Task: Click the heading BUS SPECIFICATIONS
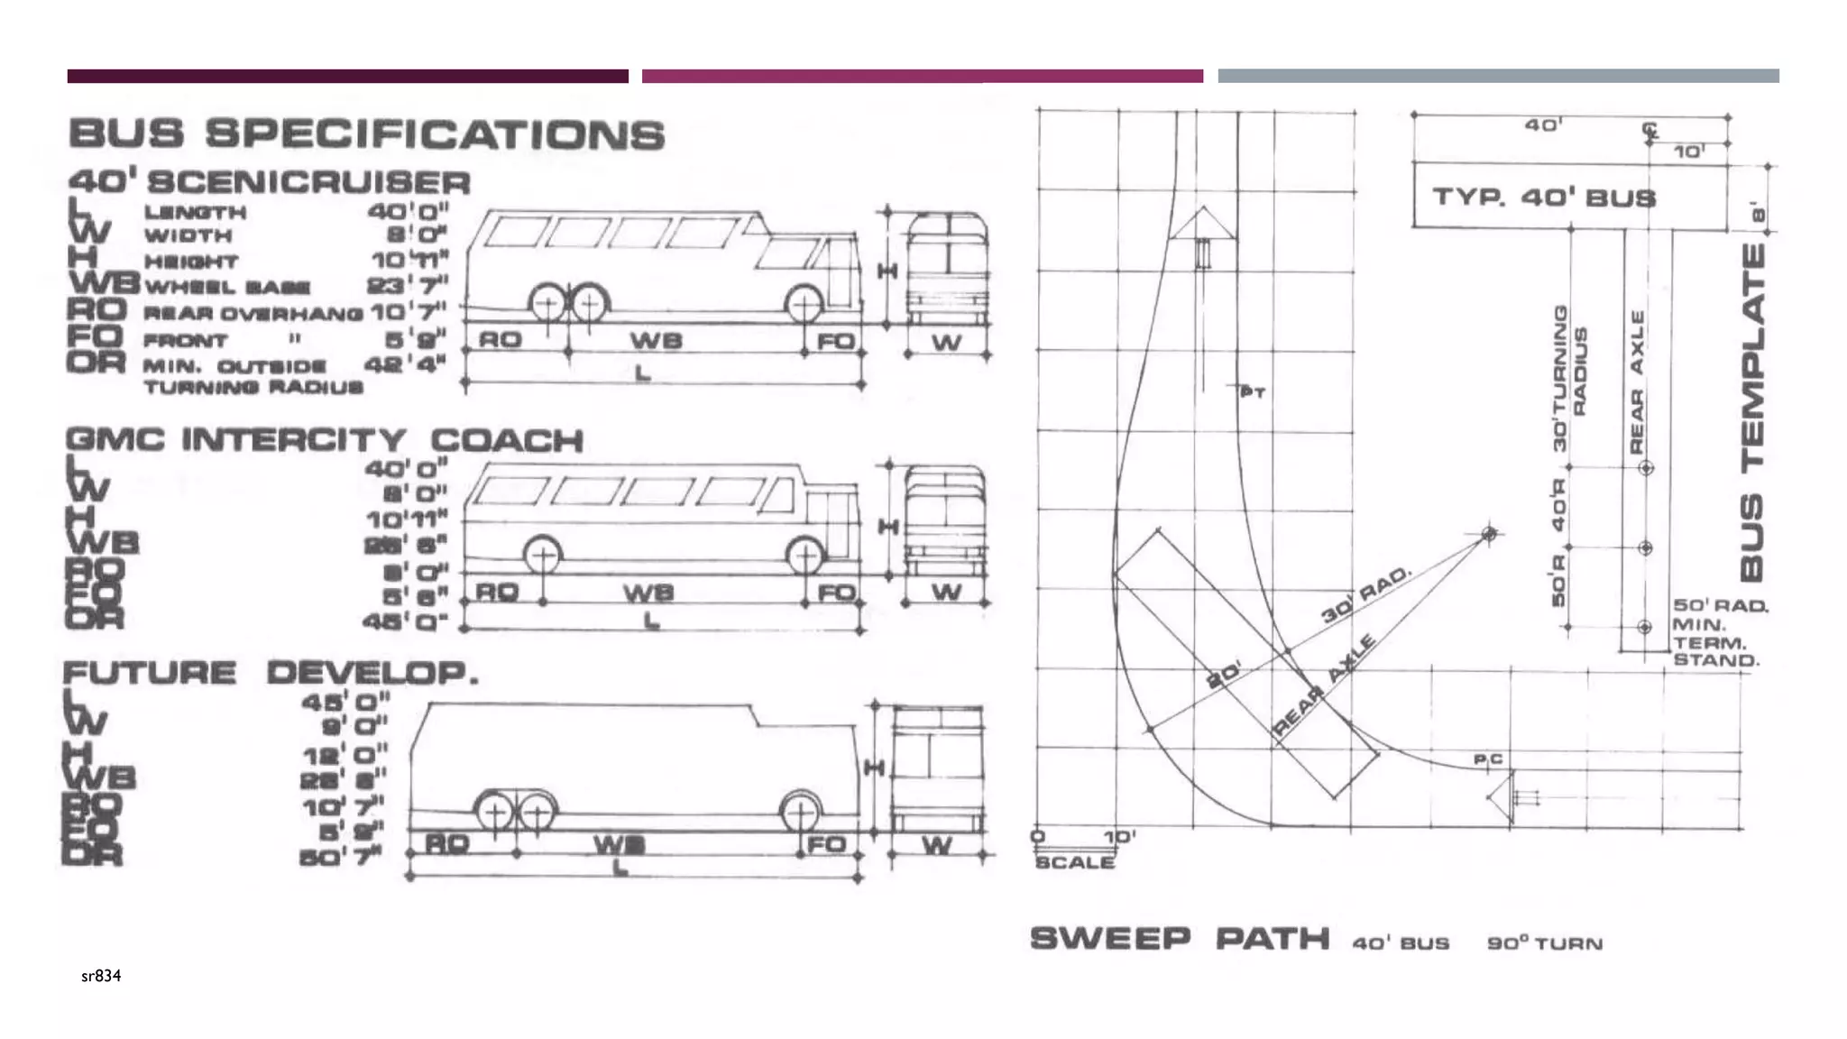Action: click(366, 134)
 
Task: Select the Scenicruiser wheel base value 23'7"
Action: click(407, 286)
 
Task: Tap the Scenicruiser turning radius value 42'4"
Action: click(405, 364)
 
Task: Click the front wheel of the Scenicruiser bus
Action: click(804, 305)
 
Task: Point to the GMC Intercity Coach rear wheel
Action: click(542, 556)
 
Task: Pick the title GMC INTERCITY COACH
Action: click(325, 440)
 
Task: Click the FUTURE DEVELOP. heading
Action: click(271, 673)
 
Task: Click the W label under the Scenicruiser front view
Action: click(946, 342)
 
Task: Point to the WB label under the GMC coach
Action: click(648, 593)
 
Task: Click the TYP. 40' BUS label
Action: click(1544, 197)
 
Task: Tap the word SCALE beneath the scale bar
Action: click(1075, 862)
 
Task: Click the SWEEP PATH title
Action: click(1180, 939)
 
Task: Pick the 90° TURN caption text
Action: click(1545, 943)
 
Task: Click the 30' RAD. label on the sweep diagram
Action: click(1365, 596)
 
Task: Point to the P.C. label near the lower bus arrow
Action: click(1488, 759)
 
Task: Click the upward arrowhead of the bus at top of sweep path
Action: click(1203, 222)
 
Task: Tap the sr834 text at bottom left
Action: click(101, 976)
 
